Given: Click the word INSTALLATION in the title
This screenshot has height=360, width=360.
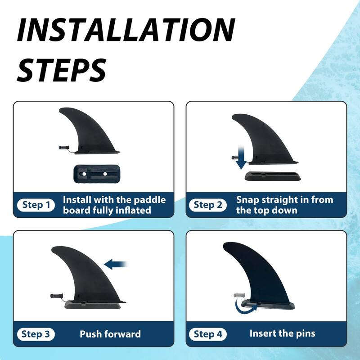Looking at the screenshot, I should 126,31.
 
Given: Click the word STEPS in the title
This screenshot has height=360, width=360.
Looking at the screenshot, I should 62,69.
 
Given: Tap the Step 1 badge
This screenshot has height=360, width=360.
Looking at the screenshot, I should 36,205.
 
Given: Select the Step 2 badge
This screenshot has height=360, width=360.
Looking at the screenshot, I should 208,205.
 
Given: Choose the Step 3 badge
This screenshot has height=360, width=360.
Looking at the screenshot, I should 36,334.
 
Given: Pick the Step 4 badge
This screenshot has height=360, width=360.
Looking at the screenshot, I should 208,334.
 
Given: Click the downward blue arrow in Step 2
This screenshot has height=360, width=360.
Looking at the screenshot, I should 241,158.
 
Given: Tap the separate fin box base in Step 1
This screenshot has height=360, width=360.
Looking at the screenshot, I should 95,173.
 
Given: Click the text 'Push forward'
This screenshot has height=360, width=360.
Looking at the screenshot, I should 110,334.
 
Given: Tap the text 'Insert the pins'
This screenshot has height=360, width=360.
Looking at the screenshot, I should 282,333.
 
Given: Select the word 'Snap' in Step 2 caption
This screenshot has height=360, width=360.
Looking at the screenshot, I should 250,199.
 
